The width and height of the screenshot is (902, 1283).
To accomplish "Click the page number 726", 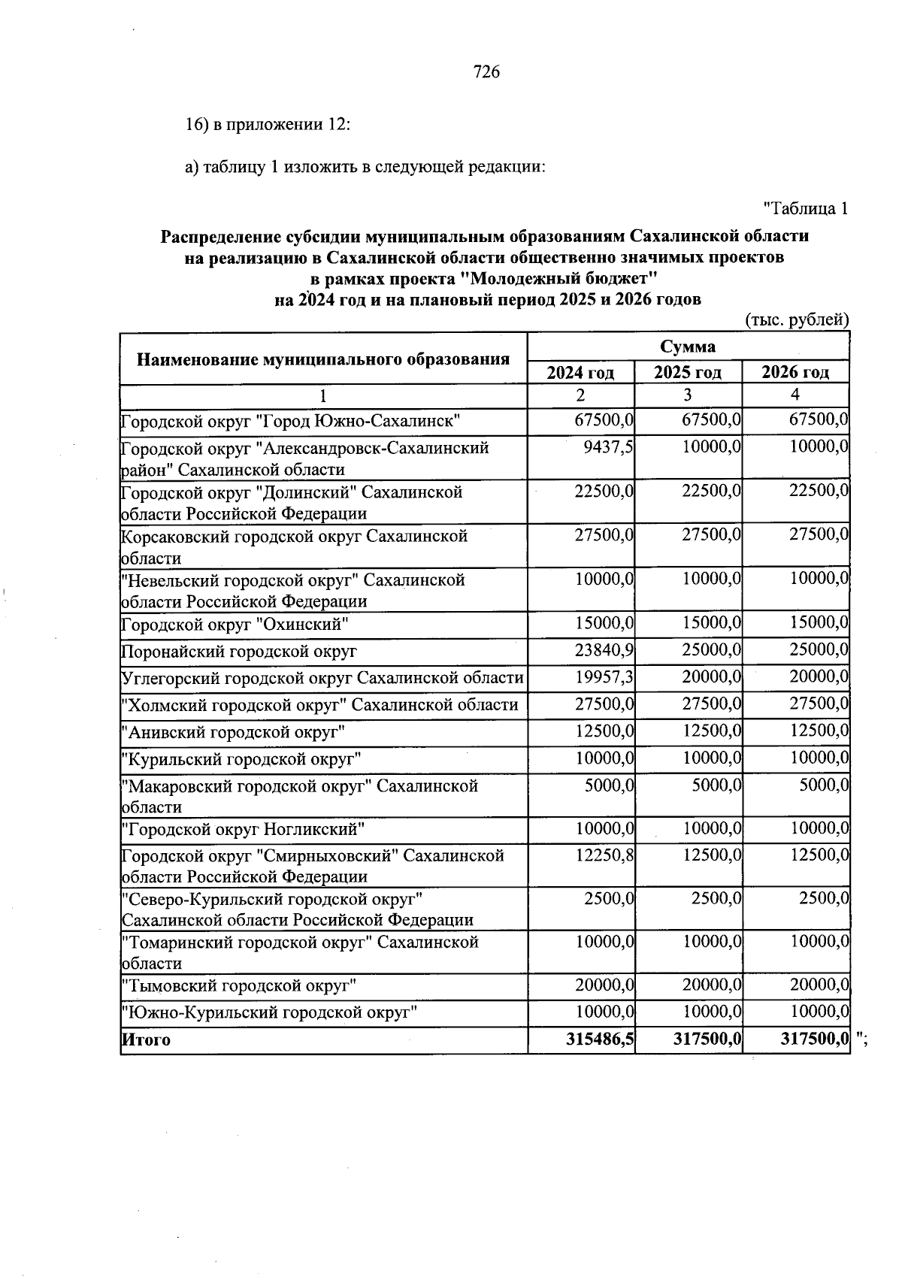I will tap(486, 72).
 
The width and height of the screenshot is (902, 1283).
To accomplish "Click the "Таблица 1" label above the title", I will tap(806, 209).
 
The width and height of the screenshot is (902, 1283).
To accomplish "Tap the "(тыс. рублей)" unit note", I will tap(797, 320).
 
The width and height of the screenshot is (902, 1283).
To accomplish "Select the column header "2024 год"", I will tap(580, 372).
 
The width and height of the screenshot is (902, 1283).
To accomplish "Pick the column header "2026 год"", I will tap(795, 372).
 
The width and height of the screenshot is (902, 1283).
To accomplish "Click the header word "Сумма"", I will tap(688, 346).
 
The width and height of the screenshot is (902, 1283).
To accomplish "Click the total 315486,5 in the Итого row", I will tap(599, 1039).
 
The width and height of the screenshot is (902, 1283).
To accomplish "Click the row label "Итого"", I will tap(147, 1040).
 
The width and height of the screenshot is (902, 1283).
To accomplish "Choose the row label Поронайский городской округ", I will tap(239, 652).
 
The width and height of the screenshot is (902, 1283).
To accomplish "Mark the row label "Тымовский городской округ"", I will tap(238, 985).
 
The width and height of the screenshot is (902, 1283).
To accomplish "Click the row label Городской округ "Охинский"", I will tap(235, 625).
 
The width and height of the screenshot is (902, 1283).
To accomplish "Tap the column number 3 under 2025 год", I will tap(687, 395).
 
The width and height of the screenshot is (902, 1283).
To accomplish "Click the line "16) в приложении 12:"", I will tap(268, 125).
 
